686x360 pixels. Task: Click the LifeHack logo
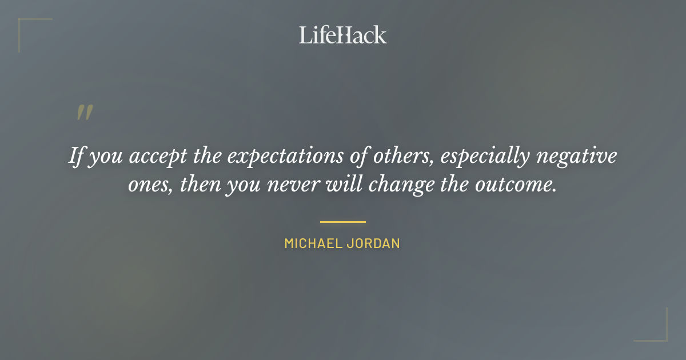tap(343, 35)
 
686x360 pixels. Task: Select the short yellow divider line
tap(343, 222)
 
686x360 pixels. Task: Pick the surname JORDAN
tap(373, 243)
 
